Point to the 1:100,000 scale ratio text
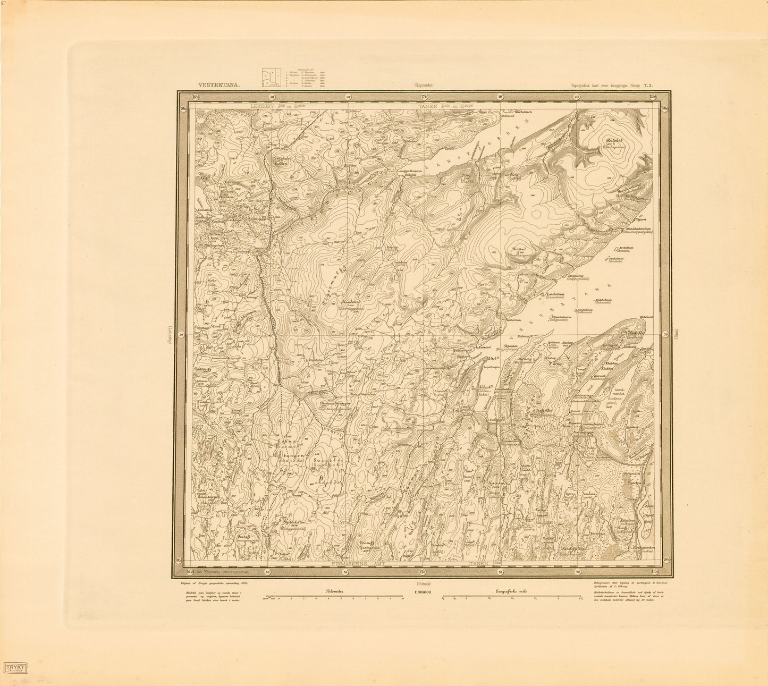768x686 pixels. pos(423,591)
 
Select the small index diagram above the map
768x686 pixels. pos(271,78)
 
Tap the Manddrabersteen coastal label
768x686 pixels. pos(642,229)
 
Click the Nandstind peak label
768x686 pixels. pos(351,302)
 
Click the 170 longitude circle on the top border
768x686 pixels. pos(424,97)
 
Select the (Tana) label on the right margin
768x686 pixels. pos(680,334)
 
